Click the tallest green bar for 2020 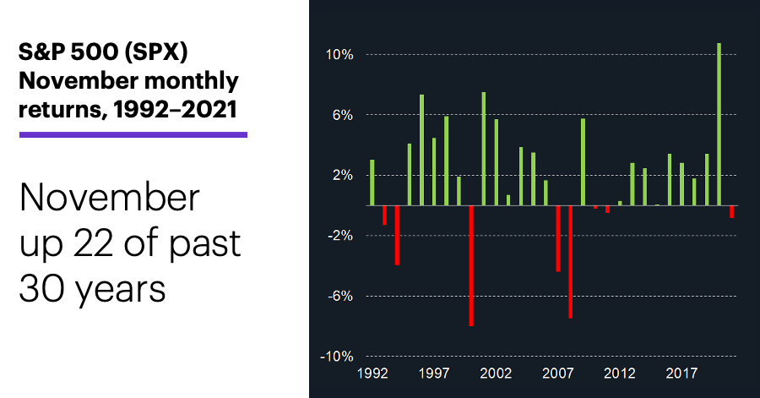coord(719,124)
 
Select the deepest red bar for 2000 coord(471,265)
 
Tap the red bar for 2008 coord(571,262)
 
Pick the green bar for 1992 coord(372,183)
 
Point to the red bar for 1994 coord(397,235)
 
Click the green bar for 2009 coord(583,162)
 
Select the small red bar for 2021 coord(731,212)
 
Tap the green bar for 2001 coord(484,149)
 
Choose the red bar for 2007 coord(558,238)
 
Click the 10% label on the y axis coord(339,55)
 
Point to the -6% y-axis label coord(340,297)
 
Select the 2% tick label coord(343,176)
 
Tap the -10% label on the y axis coord(336,357)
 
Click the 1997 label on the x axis coord(434,373)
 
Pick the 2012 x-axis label coord(620,373)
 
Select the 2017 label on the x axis coord(681,373)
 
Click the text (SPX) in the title coord(156,52)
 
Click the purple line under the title coord(133,134)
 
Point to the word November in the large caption coord(110,198)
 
